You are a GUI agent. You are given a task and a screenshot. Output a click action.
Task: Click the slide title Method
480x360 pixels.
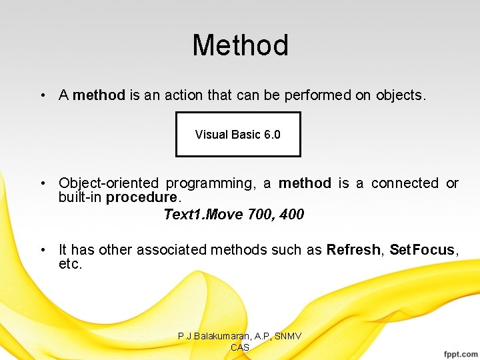[x=240, y=45]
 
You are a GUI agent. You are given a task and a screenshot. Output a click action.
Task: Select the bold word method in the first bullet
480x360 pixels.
[x=99, y=95]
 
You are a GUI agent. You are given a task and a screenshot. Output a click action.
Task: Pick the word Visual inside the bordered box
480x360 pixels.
[x=211, y=135]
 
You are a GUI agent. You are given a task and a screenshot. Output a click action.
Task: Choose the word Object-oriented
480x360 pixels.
[x=109, y=183]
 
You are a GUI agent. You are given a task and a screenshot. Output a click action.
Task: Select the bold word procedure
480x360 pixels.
[x=141, y=198]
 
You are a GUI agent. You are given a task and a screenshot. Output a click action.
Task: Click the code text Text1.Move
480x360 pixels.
[x=195, y=215]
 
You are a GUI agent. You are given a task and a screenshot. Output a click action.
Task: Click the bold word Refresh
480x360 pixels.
[x=353, y=250]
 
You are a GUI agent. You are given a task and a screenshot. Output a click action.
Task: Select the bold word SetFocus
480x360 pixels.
[x=421, y=250]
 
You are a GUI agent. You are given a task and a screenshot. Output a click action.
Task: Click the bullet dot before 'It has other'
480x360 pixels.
[x=42, y=250]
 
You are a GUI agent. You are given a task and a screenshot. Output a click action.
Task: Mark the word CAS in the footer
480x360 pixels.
[x=239, y=347]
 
